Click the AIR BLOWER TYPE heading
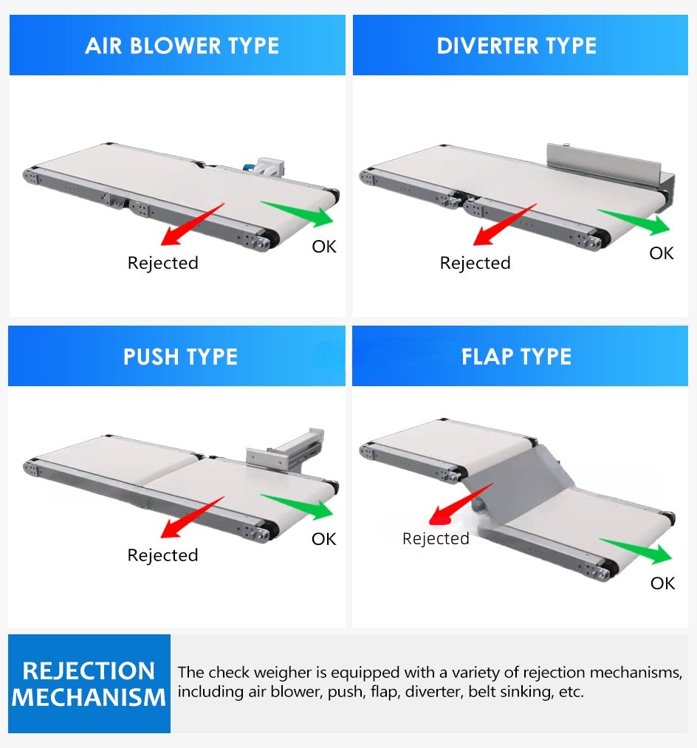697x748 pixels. coord(182,46)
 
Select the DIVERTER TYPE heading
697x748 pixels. coord(516,46)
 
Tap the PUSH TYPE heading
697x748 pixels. coord(180,357)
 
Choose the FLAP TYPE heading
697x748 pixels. coord(516,357)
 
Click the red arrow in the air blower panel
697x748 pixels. coord(190,224)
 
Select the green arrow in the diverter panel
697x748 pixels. coord(636,221)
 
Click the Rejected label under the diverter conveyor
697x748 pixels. coord(475,264)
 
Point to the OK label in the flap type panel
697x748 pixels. coord(662,583)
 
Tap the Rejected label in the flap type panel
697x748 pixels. coord(436,539)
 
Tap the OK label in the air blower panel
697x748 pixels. coord(323,247)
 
